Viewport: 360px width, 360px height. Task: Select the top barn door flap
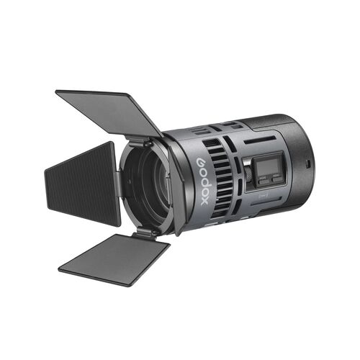pyautogui.click(x=109, y=111)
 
